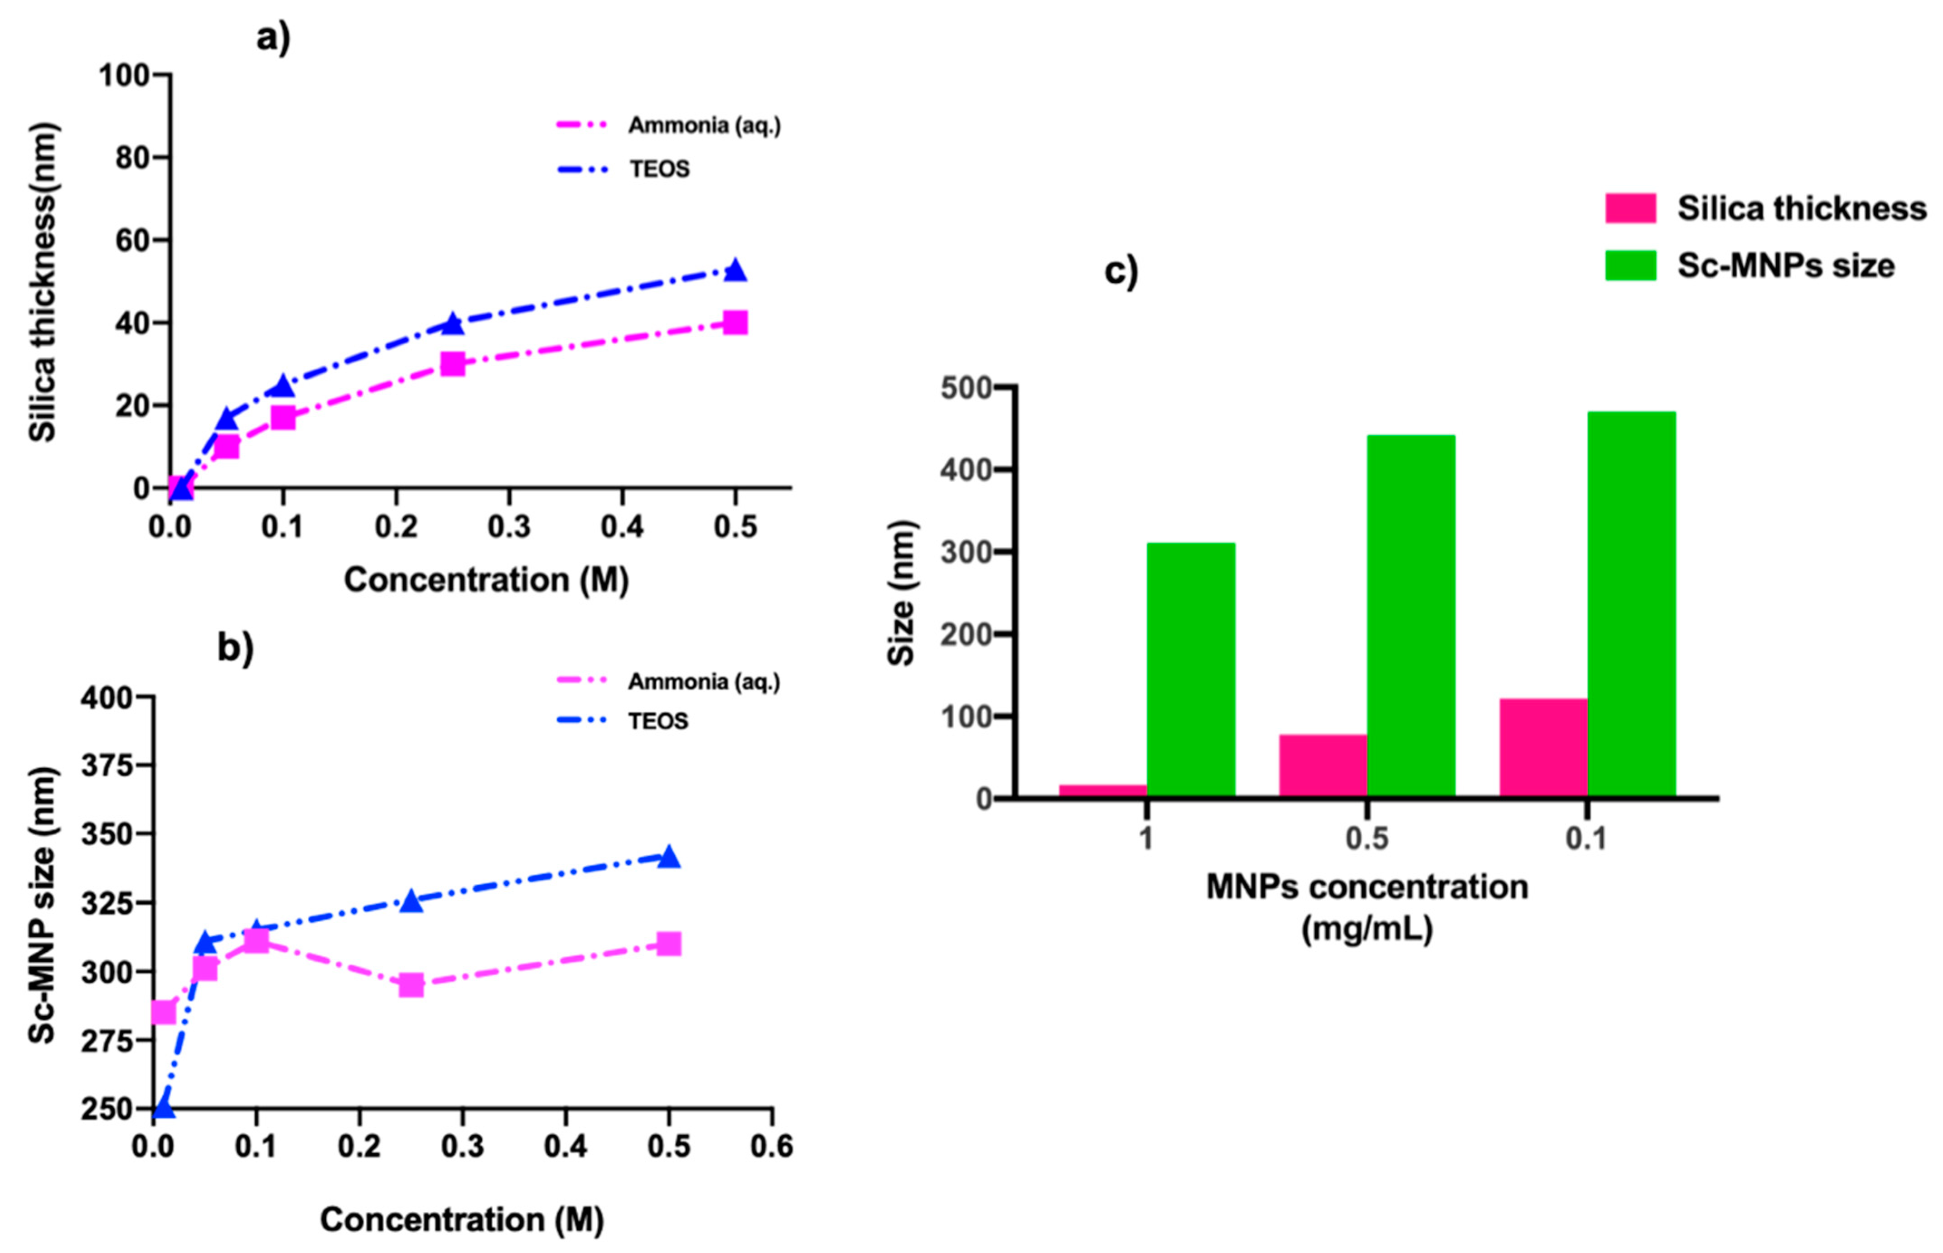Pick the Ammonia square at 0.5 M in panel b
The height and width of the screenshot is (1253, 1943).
click(x=668, y=944)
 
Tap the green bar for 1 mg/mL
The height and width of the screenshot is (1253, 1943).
click(x=1190, y=669)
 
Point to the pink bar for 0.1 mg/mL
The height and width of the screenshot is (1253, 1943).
click(x=1543, y=747)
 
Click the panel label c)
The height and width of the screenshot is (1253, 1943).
click(x=1121, y=271)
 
